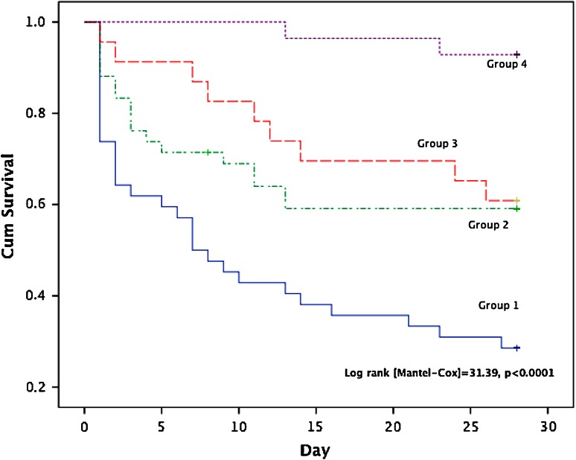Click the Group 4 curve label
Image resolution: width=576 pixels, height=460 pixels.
(508, 64)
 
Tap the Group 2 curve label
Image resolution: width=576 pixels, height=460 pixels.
(488, 224)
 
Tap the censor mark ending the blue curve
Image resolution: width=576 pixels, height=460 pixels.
(516, 348)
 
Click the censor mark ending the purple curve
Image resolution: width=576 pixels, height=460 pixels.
(516, 54)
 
